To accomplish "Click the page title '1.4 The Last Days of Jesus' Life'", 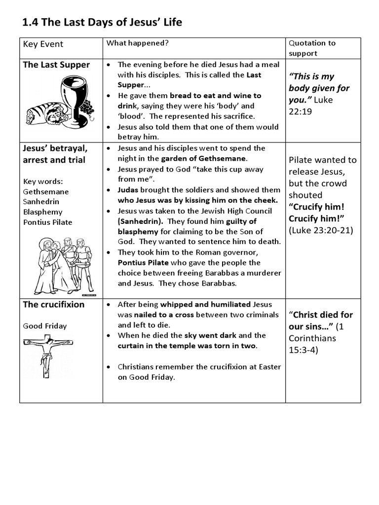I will [103, 22].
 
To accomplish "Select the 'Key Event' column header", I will [43, 44].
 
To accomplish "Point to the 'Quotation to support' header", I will [311, 48].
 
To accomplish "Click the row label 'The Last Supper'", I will [56, 65].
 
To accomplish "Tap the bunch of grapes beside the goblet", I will [88, 108].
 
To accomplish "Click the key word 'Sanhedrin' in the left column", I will [40, 201].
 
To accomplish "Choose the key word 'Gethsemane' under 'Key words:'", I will [46, 191].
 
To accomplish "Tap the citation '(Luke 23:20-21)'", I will [321, 230].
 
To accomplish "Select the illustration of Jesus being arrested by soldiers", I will [63, 265].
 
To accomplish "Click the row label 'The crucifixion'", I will [54, 304].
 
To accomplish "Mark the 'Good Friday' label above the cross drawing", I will [44, 326].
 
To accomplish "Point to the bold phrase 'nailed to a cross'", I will [158, 315].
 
